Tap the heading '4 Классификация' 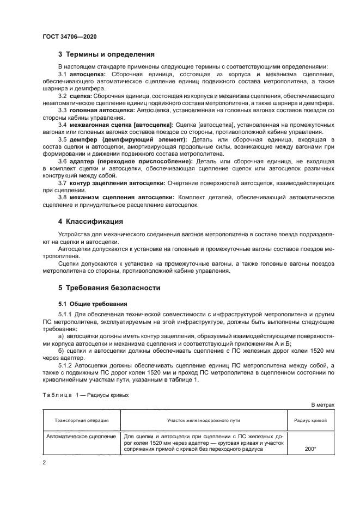click(x=90, y=222)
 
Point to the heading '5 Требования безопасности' click(x=109, y=287)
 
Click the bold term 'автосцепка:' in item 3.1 click(x=88, y=73)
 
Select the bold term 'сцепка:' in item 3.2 click(x=81, y=96)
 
